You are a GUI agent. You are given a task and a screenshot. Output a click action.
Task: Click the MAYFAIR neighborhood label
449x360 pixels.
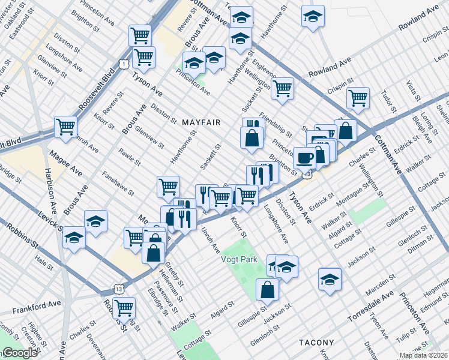coord(200,122)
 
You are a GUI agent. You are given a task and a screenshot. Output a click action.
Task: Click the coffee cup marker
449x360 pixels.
coord(304,158)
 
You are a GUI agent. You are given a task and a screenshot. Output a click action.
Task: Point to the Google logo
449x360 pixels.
coord(20,353)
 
